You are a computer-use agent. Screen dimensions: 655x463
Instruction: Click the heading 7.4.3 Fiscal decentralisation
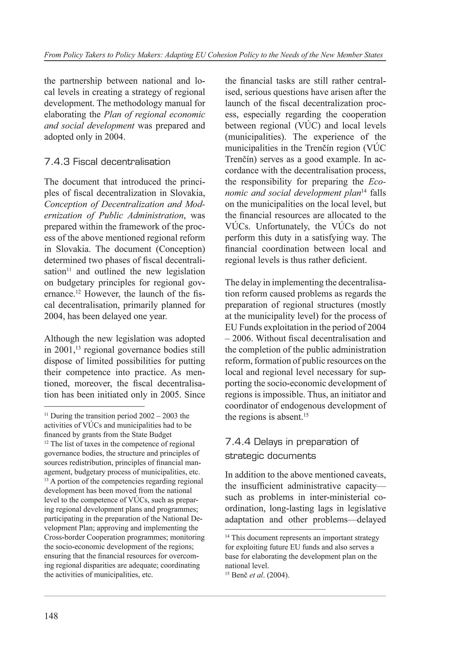coord(107,162)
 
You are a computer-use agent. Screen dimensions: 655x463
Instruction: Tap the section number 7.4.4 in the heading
coord(237,442)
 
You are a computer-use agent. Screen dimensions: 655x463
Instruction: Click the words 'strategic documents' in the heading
coord(270,456)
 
